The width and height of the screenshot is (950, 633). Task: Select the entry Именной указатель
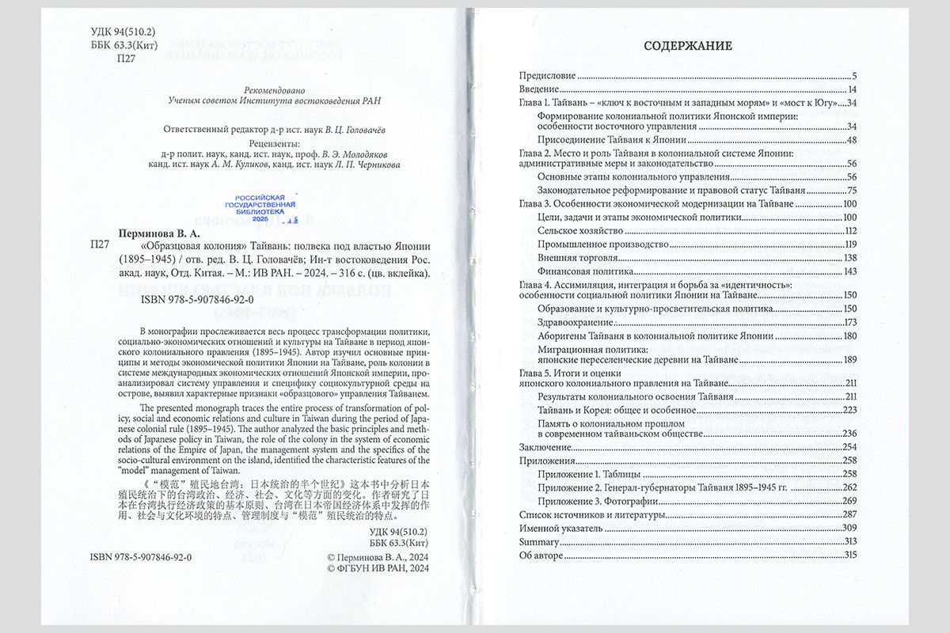tap(557, 528)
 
